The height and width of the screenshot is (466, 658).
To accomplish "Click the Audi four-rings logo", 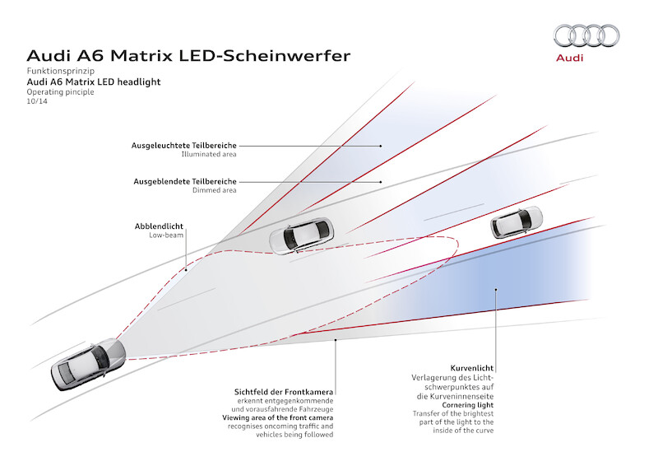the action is pos(586,35).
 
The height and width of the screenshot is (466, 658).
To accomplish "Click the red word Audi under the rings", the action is pos(569,58).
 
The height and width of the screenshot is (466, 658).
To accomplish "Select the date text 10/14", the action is pos(37,101).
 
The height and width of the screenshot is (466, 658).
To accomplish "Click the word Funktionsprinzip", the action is pos(61,71).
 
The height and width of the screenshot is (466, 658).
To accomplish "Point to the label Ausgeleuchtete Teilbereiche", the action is pos(183,146).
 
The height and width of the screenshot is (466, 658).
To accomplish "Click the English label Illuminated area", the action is pos(209,154).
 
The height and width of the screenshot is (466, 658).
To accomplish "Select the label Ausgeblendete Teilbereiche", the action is pos(185,181).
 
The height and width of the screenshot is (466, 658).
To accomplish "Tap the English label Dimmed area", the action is pos(215,190).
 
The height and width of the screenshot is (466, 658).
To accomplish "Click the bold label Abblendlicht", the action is pos(159,226).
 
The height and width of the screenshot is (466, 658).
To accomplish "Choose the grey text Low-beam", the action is pos(166,235).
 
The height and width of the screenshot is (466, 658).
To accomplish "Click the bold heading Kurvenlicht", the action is pos(472,368).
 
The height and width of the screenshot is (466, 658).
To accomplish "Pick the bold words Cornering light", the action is pos(468,405).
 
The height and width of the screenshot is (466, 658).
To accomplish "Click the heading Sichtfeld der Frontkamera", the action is pos(284,392).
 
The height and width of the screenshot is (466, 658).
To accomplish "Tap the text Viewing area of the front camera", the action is pos(278,417).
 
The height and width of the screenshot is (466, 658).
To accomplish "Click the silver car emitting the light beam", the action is pos(88,364).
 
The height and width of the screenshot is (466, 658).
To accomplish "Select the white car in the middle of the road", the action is pos(301,235).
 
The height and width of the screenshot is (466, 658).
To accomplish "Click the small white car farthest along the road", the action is pos(517,221).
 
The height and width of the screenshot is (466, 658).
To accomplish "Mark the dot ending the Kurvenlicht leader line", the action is pos(496,289).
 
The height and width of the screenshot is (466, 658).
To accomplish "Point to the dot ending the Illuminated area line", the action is pos(381,146).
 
